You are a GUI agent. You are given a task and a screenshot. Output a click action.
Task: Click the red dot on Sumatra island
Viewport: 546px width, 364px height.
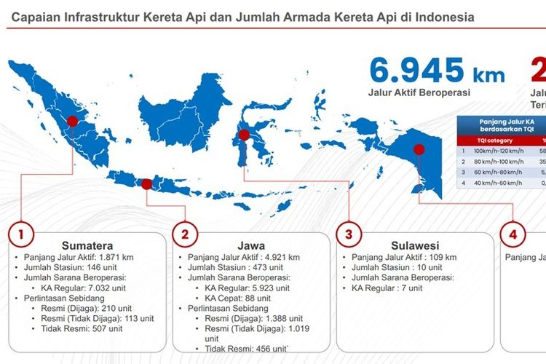[x=72, y=122]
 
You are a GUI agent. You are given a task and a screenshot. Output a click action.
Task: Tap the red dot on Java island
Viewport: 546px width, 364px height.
[x=146, y=184]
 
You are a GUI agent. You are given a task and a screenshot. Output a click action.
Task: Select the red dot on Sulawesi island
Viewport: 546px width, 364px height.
[x=244, y=135]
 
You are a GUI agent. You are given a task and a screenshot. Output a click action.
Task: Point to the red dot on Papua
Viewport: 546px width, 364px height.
[x=419, y=150]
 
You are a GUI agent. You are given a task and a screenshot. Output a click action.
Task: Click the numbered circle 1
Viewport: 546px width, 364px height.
[x=21, y=234]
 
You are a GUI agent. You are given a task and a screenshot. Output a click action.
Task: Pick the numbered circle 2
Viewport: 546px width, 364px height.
[x=185, y=234]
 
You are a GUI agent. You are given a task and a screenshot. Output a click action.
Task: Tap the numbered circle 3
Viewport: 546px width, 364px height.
[x=349, y=234]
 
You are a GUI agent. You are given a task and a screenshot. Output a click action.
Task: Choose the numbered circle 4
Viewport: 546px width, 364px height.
[x=513, y=234]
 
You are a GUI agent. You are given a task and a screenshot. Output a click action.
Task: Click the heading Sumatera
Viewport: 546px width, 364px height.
[x=82, y=245]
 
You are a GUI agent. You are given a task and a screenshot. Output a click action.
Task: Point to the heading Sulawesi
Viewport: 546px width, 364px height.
[x=414, y=245]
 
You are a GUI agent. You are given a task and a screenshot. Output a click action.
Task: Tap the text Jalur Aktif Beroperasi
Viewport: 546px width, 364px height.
[x=419, y=92]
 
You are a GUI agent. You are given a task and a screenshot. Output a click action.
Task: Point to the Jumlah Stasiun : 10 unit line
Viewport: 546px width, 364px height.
[x=396, y=267]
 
